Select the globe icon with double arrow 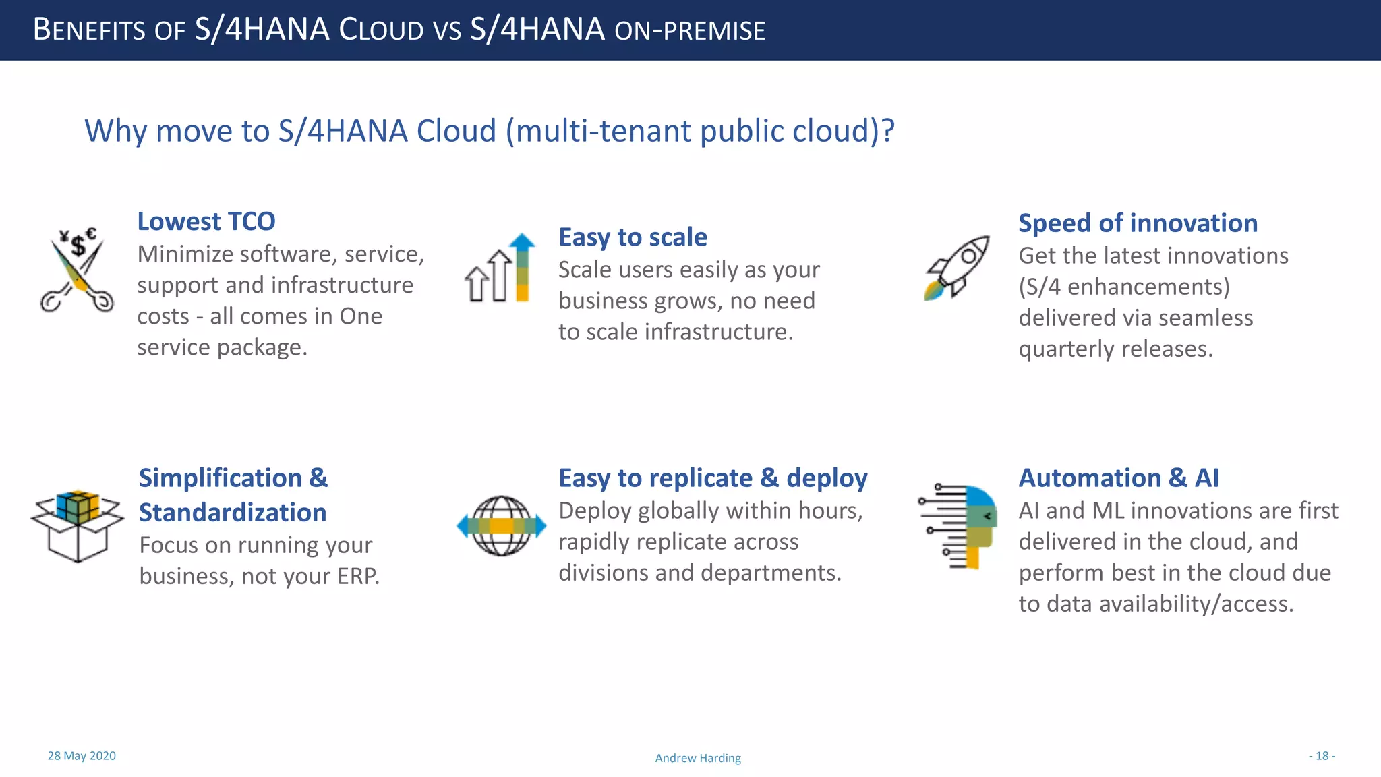(501, 525)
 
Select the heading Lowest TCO (206, 221)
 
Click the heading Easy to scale (633, 237)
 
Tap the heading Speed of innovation (1138, 223)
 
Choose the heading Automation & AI (1118, 478)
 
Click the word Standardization (233, 512)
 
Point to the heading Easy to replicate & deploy (713, 478)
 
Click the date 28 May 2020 (82, 755)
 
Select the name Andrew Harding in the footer (698, 758)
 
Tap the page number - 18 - (1322, 755)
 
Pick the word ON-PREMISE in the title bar (690, 30)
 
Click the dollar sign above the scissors (78, 246)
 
